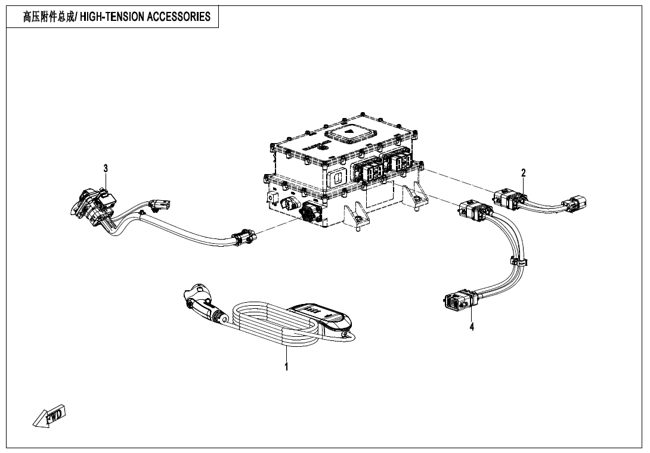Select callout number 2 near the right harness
click(x=524, y=173)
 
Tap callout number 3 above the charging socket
click(x=106, y=169)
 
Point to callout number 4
click(x=472, y=327)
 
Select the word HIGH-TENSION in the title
click(x=112, y=17)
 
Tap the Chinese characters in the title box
click(x=49, y=17)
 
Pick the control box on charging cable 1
click(x=322, y=316)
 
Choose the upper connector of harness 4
click(x=475, y=210)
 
